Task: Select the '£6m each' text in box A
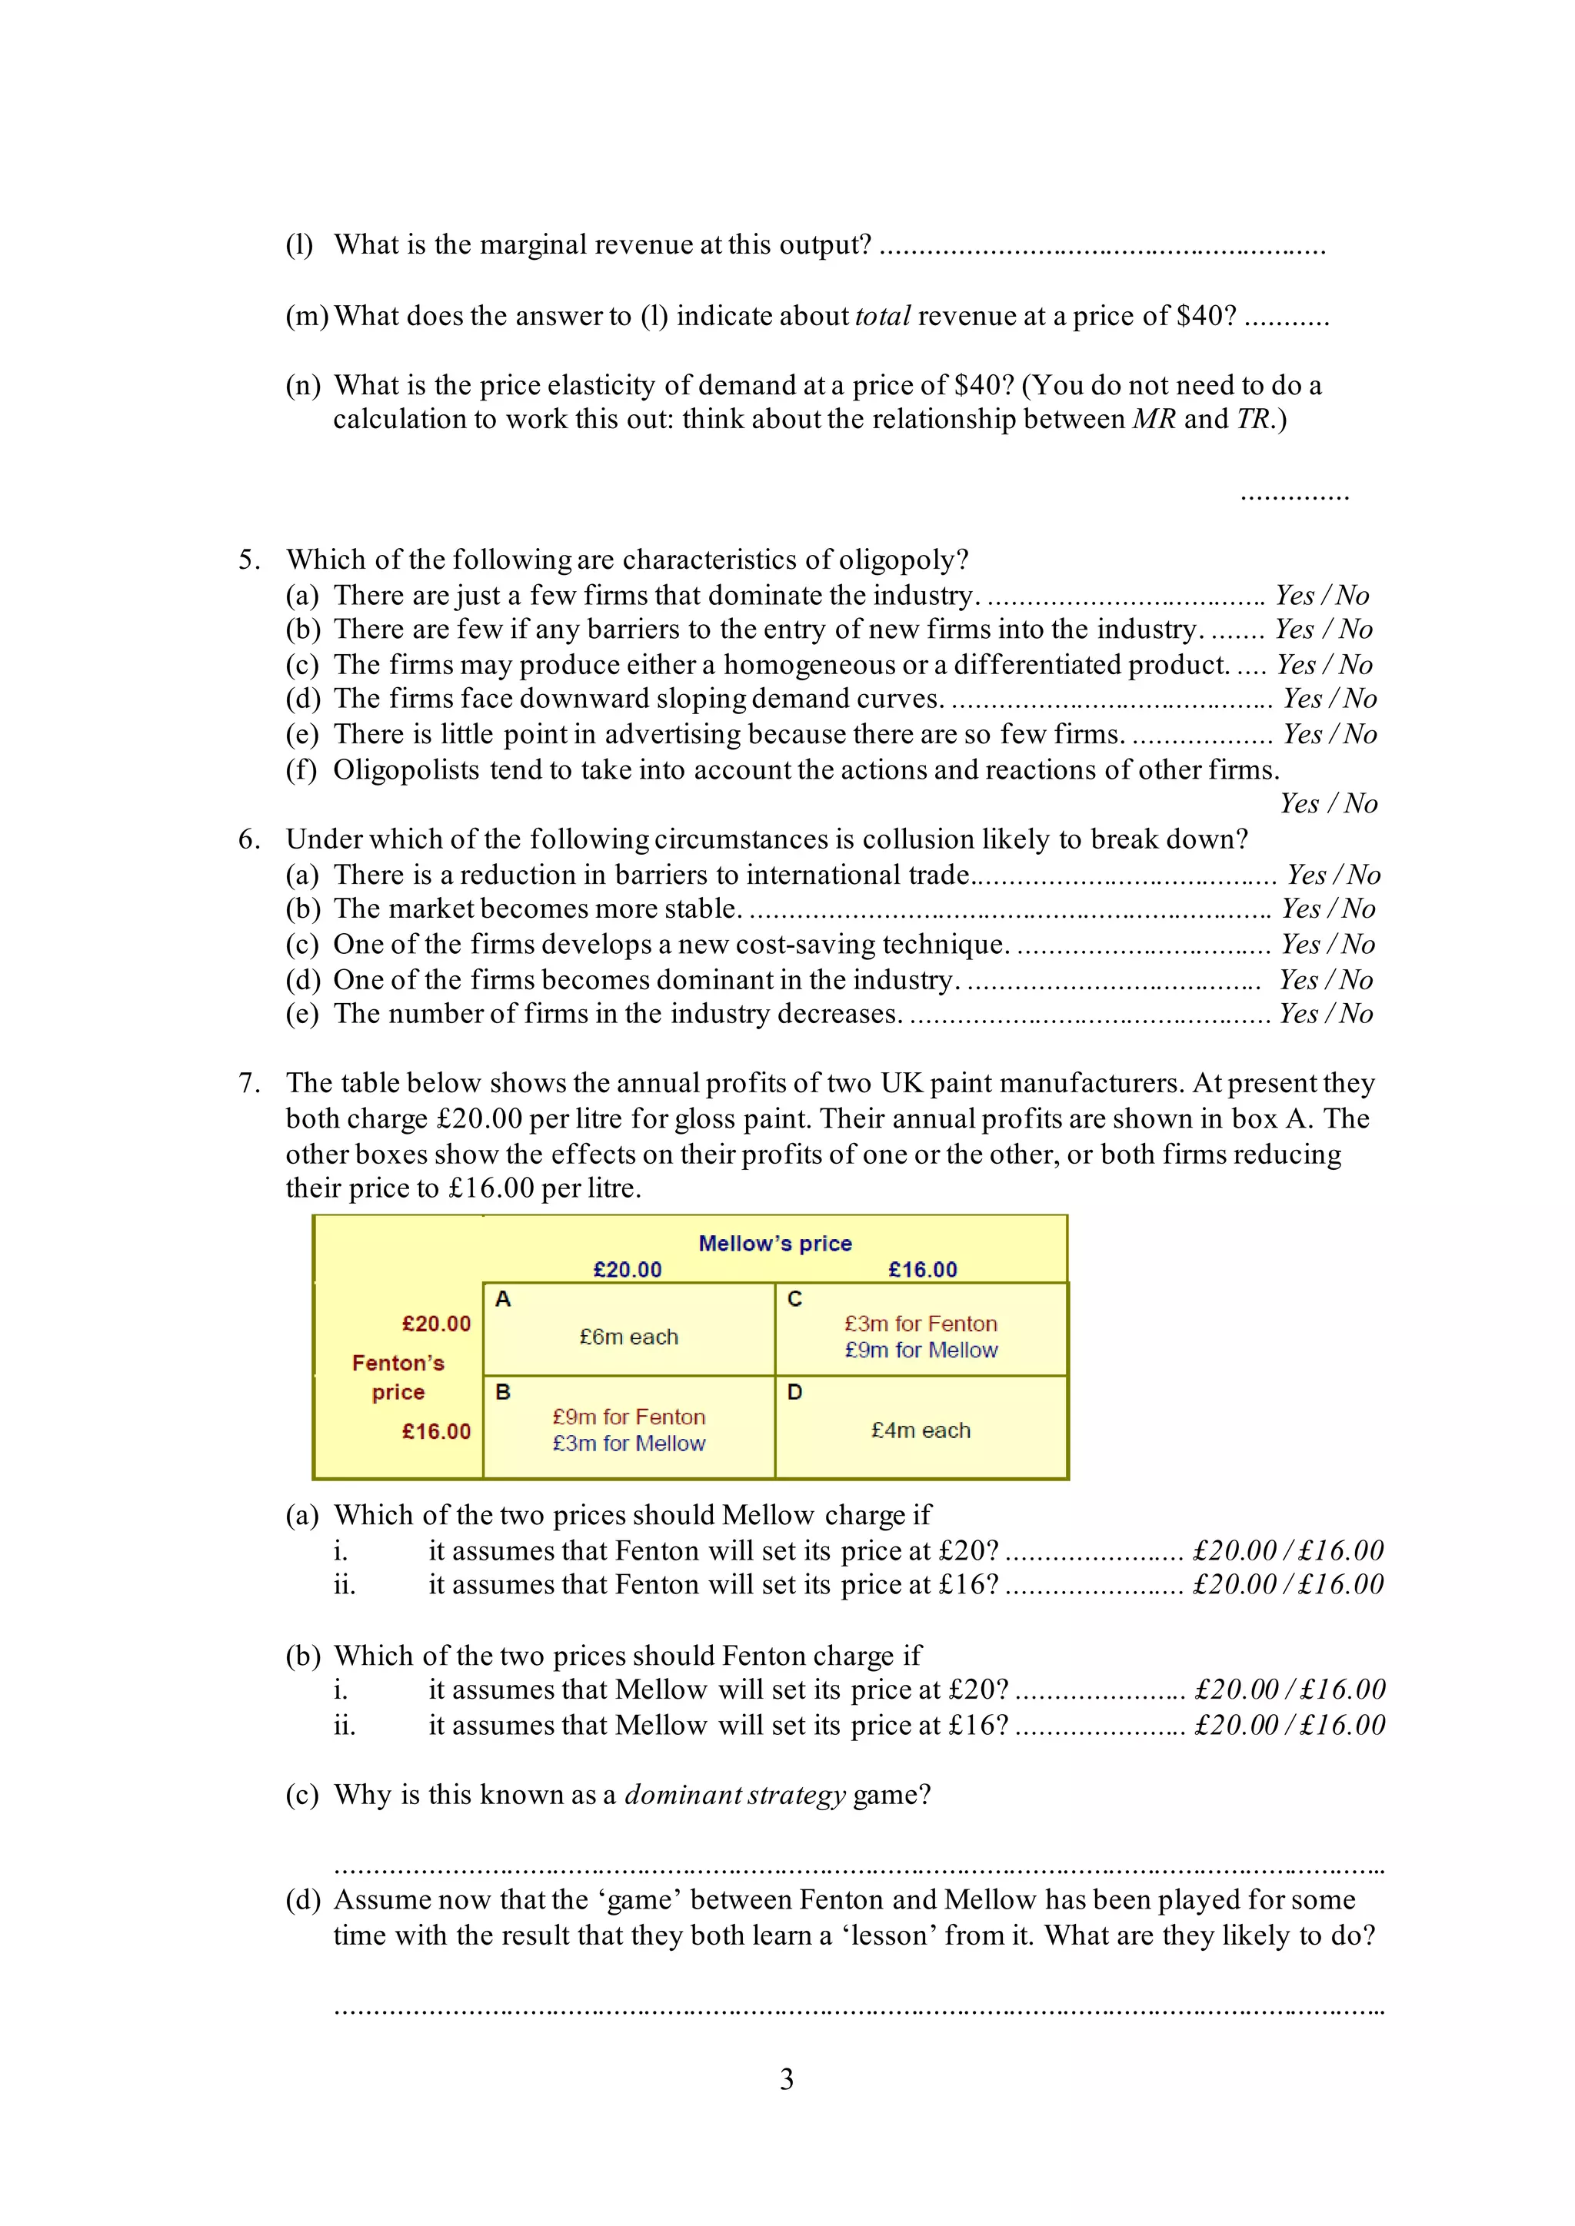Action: [628, 1337]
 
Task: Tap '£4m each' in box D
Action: [921, 1430]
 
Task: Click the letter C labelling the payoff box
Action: [794, 1299]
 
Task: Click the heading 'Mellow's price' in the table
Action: [775, 1243]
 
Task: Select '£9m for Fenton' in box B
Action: [628, 1417]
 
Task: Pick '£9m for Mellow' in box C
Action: [921, 1350]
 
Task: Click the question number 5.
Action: [249, 560]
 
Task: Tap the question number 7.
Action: [249, 1083]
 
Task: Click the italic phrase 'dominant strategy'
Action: [735, 1795]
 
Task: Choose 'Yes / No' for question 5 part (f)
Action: [1327, 804]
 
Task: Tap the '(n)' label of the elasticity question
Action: [302, 386]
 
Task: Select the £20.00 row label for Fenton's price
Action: [436, 1324]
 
